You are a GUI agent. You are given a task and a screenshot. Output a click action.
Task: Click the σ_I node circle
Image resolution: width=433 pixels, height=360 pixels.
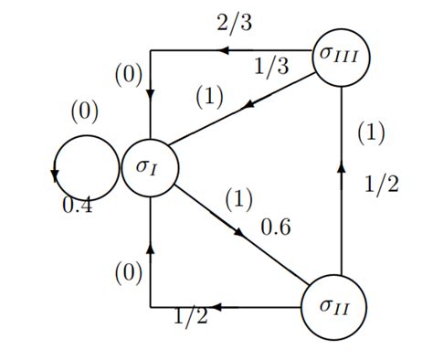[151, 168]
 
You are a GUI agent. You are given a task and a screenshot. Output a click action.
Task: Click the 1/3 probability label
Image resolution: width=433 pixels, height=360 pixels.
[271, 67]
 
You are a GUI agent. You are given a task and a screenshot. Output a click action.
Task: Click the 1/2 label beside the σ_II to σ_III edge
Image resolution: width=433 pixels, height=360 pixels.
[382, 185]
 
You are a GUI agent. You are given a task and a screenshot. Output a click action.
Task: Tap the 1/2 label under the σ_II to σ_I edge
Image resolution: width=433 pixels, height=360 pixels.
[191, 318]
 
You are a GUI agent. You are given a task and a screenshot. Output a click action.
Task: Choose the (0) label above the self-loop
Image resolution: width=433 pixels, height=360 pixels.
[84, 113]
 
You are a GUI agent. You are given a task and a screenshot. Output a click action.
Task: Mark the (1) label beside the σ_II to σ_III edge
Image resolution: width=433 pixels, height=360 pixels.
[371, 133]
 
